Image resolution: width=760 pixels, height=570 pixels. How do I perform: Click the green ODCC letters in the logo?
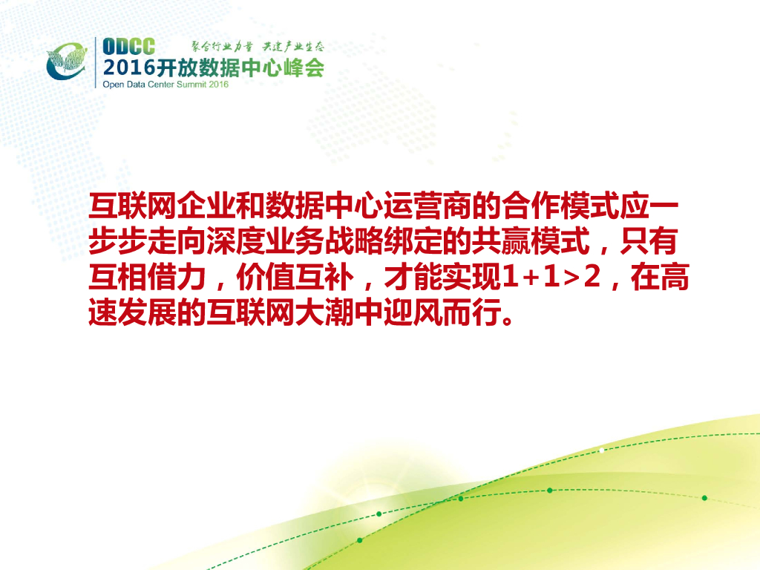[x=128, y=47]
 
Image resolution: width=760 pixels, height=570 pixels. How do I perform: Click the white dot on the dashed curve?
[x=602, y=451]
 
